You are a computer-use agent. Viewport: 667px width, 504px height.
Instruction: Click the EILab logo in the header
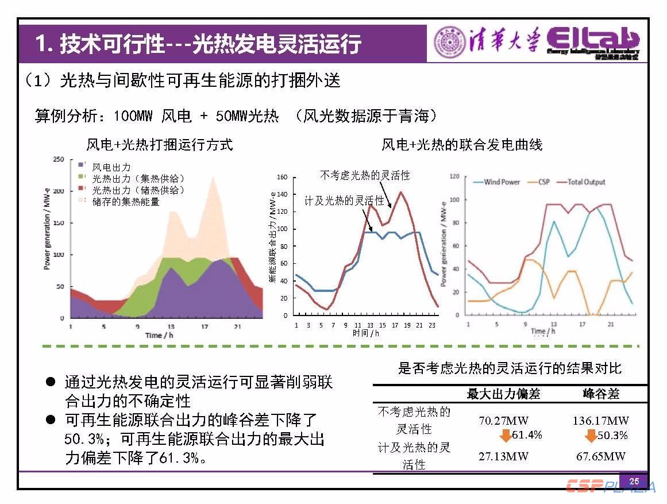pyautogui.click(x=593, y=41)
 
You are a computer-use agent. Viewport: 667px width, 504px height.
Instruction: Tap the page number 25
pyautogui.click(x=634, y=481)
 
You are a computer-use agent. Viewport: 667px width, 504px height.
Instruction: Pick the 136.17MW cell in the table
pyautogui.click(x=600, y=420)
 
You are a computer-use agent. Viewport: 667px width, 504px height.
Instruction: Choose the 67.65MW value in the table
pyautogui.click(x=600, y=456)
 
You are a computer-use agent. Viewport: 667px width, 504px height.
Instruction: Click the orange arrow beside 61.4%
pyautogui.click(x=505, y=436)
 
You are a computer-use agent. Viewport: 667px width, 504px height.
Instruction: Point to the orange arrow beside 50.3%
pyautogui.click(x=590, y=436)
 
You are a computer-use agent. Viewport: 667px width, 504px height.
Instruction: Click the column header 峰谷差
pyautogui.click(x=600, y=394)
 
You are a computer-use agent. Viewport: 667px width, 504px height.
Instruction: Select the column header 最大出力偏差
pyautogui.click(x=503, y=394)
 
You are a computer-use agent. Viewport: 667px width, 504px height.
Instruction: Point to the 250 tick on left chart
pyautogui.click(x=58, y=160)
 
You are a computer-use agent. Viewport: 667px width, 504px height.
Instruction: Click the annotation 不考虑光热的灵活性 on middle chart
pyautogui.click(x=365, y=175)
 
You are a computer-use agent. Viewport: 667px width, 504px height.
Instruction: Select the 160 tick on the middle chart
pyautogui.click(x=282, y=177)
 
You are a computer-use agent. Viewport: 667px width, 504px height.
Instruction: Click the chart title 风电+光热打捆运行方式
pyautogui.click(x=160, y=144)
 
